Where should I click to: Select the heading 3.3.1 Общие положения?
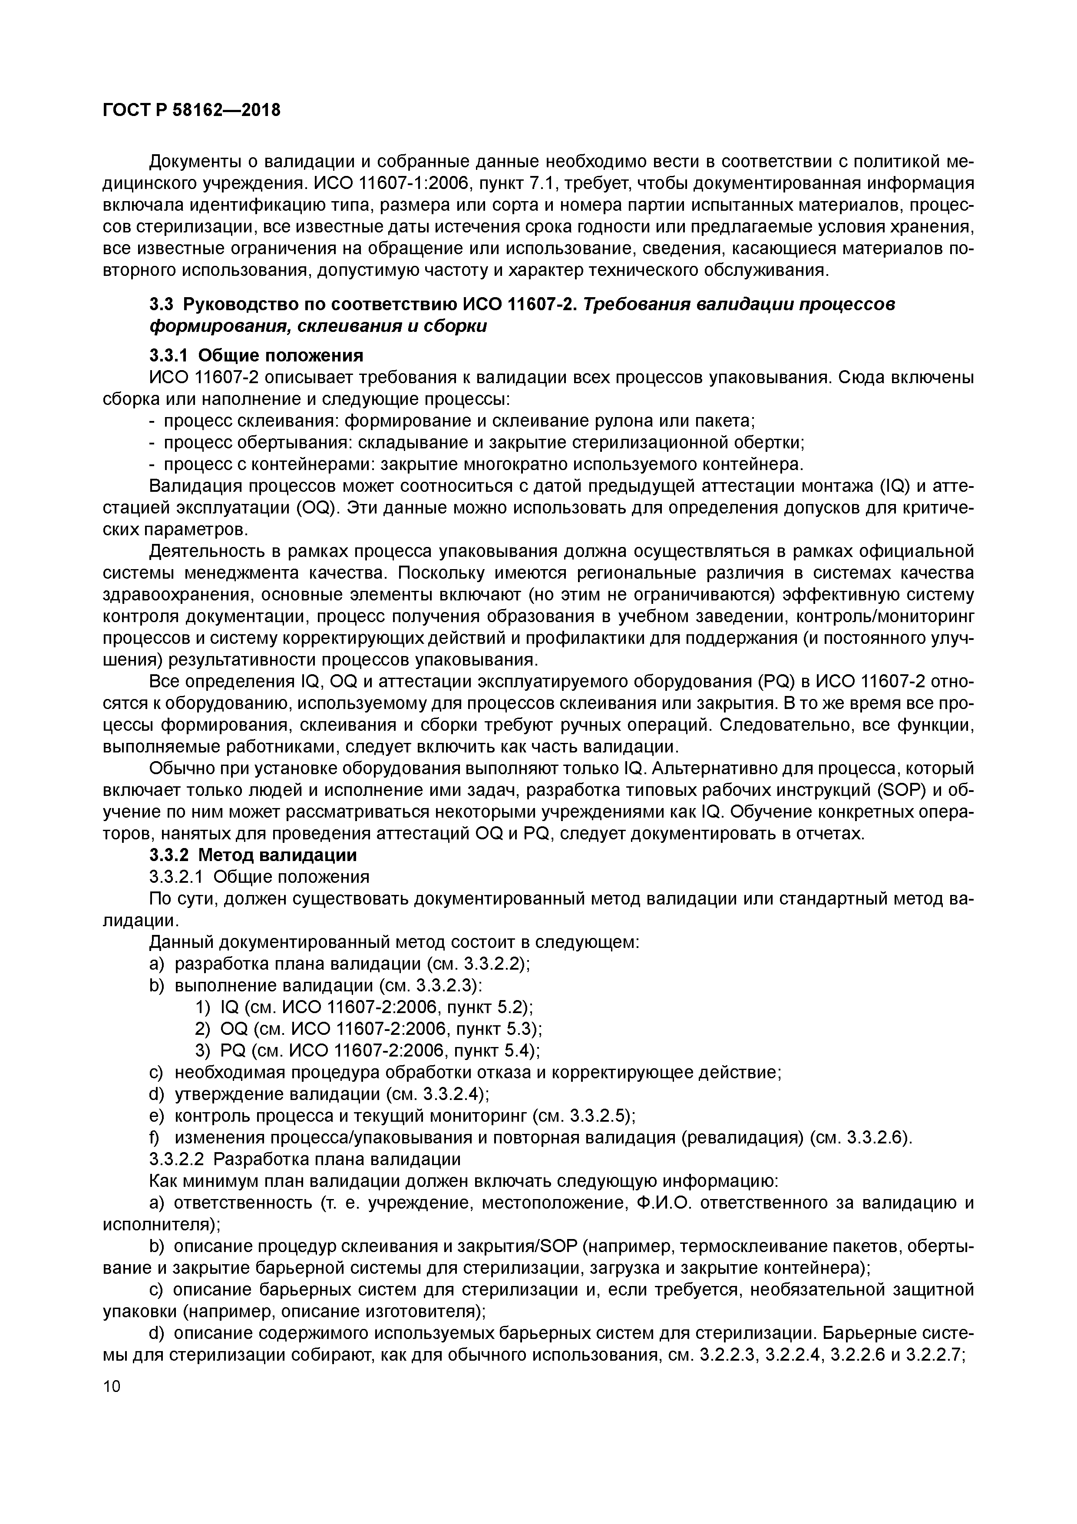[x=256, y=356]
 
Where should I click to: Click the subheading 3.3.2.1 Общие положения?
[x=259, y=877]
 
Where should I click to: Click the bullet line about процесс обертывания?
[x=476, y=443]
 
